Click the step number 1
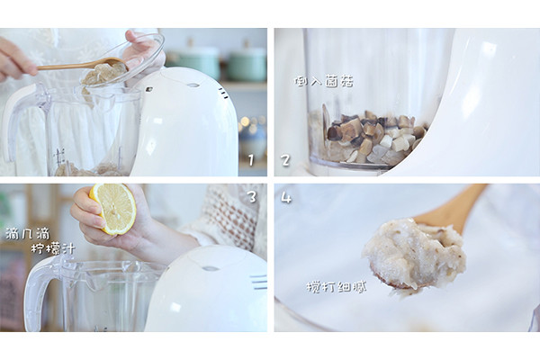tap(251, 160)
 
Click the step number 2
tap(285, 160)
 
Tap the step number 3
tap(252, 197)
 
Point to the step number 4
tap(286, 198)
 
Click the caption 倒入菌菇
tap(324, 82)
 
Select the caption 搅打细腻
tap(336, 286)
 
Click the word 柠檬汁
tap(53, 248)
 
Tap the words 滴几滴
tap(28, 234)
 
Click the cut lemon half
tap(113, 208)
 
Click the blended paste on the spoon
tap(414, 254)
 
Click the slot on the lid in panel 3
tap(210, 268)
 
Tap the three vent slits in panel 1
tap(223, 93)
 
